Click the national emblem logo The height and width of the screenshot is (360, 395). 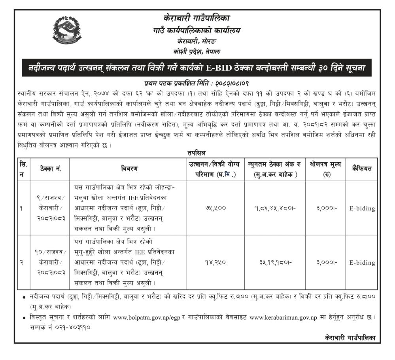pyautogui.click(x=68, y=31)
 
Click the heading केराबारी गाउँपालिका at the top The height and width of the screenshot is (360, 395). pyautogui.click(x=197, y=18)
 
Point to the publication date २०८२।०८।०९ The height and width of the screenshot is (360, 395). pyautogui.click(x=230, y=83)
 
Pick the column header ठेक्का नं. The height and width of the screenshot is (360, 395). pyautogui.click(x=50, y=169)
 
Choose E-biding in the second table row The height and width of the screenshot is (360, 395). pyautogui.click(x=362, y=262)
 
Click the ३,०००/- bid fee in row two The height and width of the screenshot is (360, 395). pyautogui.click(x=327, y=262)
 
